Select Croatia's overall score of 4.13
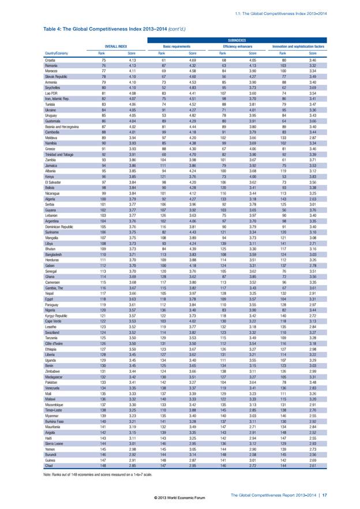pos(131,60)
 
